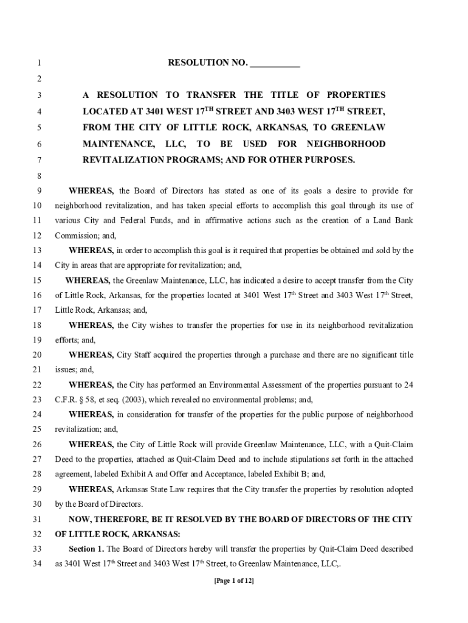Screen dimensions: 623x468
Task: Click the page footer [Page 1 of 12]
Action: (x=234, y=580)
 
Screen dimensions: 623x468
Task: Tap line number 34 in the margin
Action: (x=36, y=563)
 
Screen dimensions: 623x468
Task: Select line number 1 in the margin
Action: (x=38, y=63)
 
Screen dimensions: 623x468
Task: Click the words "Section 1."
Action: (x=87, y=549)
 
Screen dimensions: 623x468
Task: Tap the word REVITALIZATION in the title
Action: (x=125, y=159)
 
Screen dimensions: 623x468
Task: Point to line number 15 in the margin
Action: (x=36, y=280)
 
